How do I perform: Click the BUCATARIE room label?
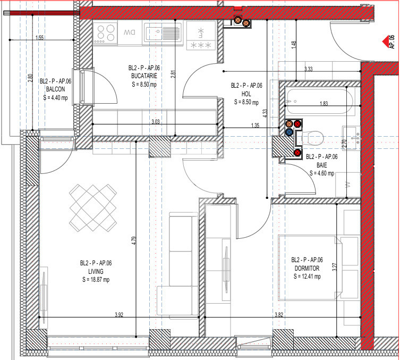[x=143, y=76]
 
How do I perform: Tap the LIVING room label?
[x=96, y=271]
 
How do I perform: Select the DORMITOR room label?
[x=307, y=267]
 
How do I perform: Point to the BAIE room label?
[x=322, y=165]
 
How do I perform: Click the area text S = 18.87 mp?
[x=96, y=280]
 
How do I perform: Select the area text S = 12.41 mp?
[x=307, y=275]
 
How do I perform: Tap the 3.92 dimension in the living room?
[x=119, y=315]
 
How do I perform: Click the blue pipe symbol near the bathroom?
[x=289, y=131]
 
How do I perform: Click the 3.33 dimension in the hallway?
[x=308, y=69]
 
